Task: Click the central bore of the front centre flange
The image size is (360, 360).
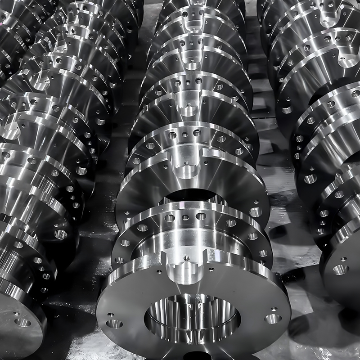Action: point(192,318)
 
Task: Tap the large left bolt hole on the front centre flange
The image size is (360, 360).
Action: point(114,324)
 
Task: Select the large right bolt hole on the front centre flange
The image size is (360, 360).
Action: point(272,319)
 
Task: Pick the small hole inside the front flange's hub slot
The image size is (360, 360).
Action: point(186,258)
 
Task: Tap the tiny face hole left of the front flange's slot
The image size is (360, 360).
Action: point(158,272)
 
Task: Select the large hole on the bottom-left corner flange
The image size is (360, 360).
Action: point(22,322)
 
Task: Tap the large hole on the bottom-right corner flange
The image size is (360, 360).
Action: point(340,269)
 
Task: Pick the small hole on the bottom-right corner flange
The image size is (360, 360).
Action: point(343,259)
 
